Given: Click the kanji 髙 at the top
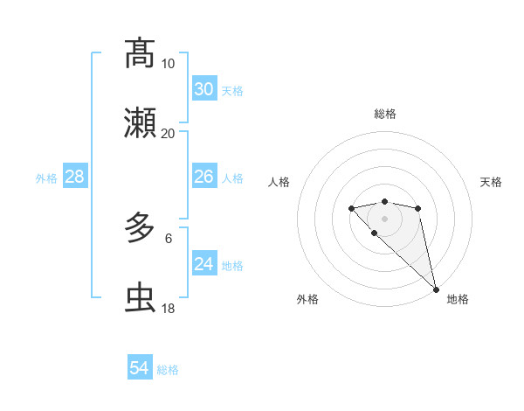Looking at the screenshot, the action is (x=140, y=53).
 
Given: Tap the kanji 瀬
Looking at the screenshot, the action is (x=140, y=124).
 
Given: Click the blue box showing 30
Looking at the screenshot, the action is (x=204, y=88).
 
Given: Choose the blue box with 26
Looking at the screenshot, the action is (x=204, y=177).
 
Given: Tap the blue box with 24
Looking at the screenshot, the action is (x=204, y=263).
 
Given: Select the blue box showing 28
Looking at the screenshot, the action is (x=74, y=177).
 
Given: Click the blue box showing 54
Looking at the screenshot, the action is (x=140, y=368).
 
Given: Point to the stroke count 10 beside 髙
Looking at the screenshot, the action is (x=168, y=63).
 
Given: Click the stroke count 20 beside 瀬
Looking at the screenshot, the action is (x=168, y=133).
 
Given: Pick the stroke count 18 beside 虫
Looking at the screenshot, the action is (x=168, y=308).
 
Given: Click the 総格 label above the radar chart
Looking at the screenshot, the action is (x=384, y=114).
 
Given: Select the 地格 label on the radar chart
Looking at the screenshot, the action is (x=458, y=299).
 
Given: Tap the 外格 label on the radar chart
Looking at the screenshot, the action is (x=307, y=299).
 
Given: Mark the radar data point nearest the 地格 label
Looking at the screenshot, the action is (x=436, y=289).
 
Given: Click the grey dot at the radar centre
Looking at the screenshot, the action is (x=384, y=219).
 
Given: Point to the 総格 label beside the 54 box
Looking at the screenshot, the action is (x=168, y=370).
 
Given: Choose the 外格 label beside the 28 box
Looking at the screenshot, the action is (x=46, y=178).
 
